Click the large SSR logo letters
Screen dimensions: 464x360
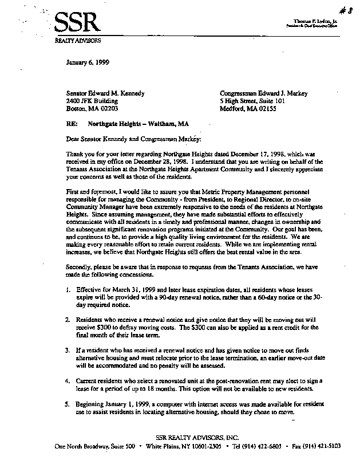pyautogui.click(x=78, y=23)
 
